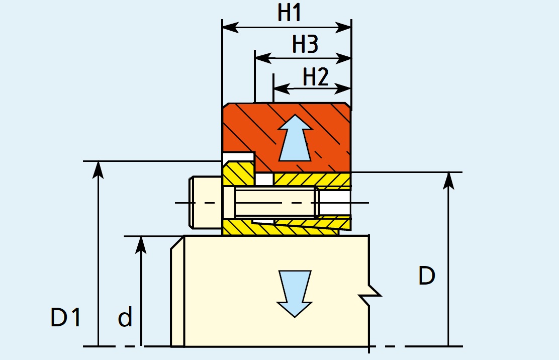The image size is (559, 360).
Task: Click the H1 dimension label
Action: [x=290, y=13]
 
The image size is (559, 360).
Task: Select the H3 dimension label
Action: [x=305, y=45]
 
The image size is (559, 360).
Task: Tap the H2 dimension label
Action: [x=316, y=77]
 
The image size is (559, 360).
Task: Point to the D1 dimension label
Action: [x=66, y=318]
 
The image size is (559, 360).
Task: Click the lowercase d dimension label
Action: [x=125, y=318]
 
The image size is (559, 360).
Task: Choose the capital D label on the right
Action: [x=426, y=276]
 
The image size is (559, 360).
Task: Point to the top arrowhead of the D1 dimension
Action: [x=99, y=169]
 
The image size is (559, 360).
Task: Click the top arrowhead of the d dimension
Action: [x=142, y=244]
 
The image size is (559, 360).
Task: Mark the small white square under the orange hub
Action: [x=264, y=178]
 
